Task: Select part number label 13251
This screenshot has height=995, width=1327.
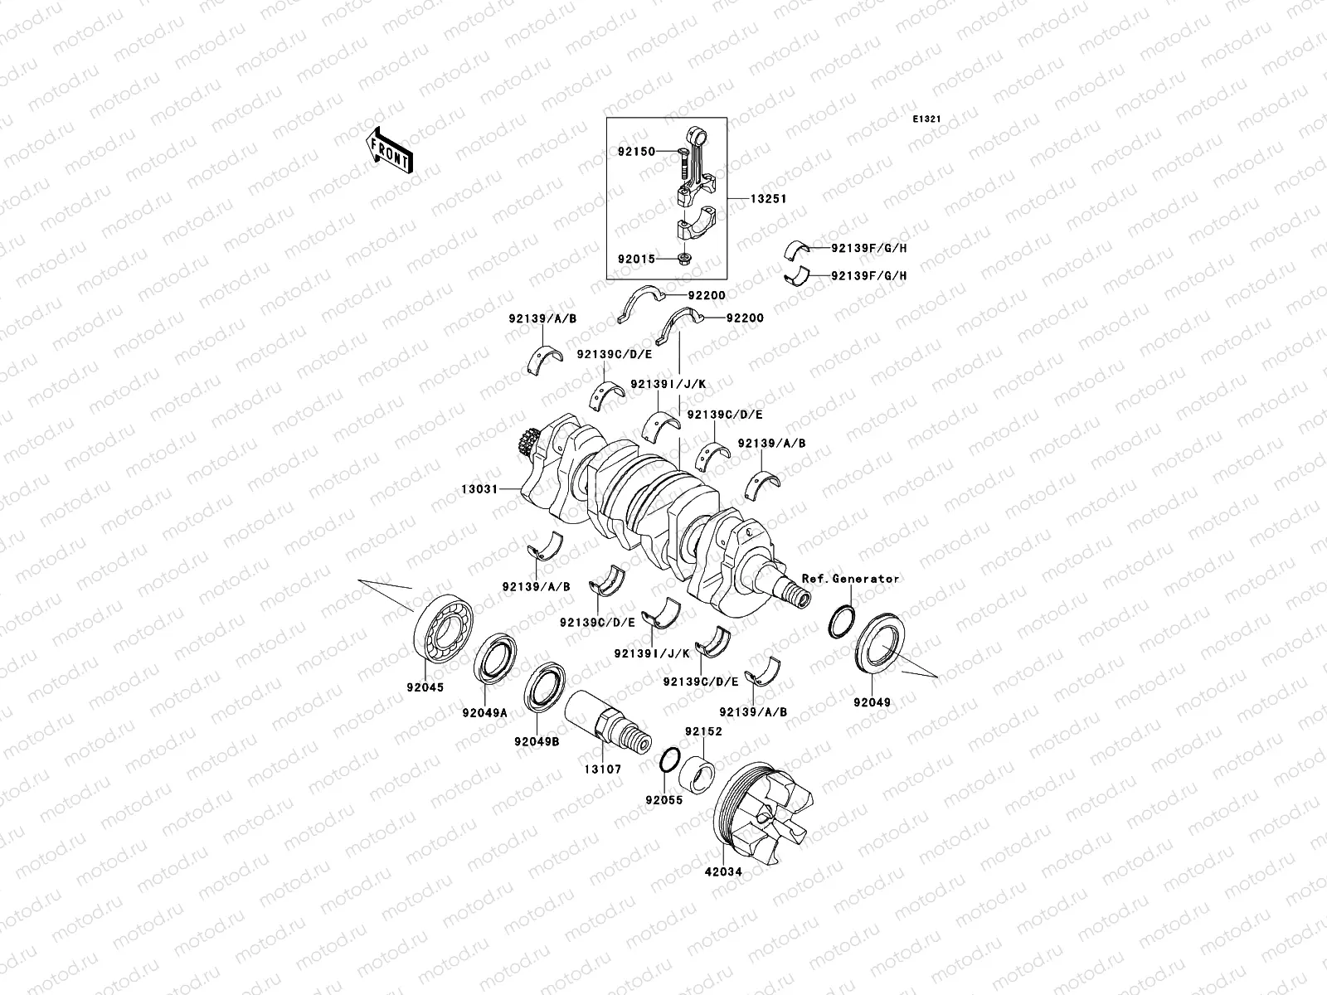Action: pos(768,199)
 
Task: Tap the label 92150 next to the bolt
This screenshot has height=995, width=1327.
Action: pos(636,152)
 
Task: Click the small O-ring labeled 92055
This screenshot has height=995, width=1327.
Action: pos(671,760)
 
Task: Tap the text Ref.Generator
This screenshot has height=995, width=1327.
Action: pos(850,579)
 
